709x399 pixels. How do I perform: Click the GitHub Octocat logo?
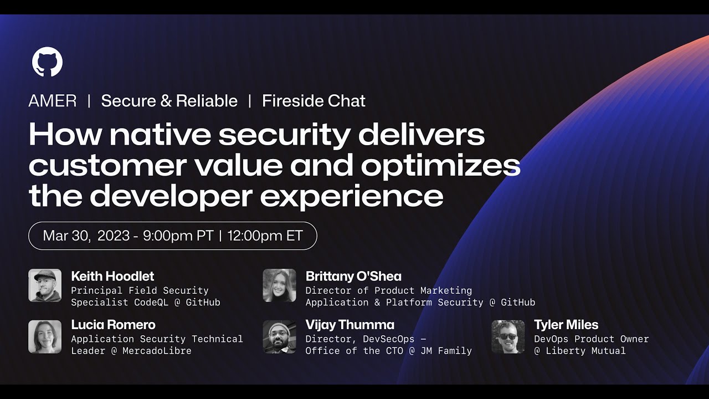click(x=47, y=62)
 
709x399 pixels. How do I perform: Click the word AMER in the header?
click(x=53, y=101)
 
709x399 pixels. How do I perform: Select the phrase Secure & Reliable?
click(x=169, y=101)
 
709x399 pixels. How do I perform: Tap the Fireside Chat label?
click(x=314, y=101)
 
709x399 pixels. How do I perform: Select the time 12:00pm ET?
click(x=265, y=236)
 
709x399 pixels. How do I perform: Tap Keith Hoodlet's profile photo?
click(x=45, y=285)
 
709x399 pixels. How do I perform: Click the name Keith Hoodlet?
click(x=112, y=276)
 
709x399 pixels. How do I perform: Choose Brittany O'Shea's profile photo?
click(x=279, y=285)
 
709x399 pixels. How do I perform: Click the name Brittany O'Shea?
click(x=353, y=276)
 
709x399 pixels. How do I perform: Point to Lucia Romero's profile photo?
click(x=45, y=336)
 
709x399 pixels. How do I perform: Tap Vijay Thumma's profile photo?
click(x=279, y=336)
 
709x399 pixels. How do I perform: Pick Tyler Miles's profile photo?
click(x=508, y=336)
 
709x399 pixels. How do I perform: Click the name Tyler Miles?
click(x=566, y=325)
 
